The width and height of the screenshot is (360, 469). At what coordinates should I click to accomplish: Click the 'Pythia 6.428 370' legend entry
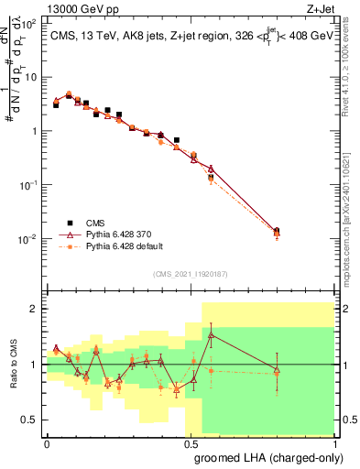pos(122,234)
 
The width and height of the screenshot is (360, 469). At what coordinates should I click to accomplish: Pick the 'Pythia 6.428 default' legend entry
pos(126,246)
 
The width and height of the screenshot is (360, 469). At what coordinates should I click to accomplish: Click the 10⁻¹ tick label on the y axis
pos(34,184)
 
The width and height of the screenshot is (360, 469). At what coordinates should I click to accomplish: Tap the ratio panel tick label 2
pos(38,310)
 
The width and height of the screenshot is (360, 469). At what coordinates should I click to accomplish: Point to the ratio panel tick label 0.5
pos(34,420)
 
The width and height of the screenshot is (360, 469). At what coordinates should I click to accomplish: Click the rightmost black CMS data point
pos(277,231)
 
